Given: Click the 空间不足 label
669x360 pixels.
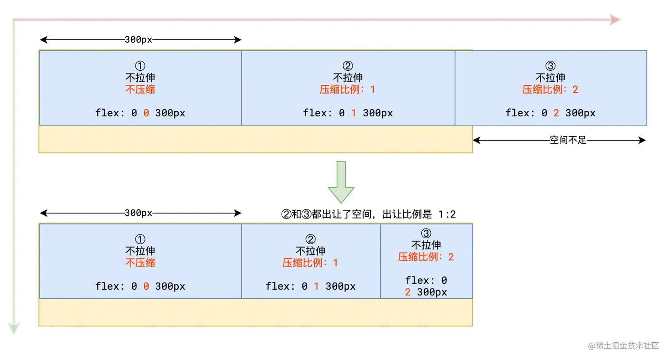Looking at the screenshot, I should [x=568, y=140].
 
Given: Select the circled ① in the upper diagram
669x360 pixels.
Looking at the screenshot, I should [x=140, y=66].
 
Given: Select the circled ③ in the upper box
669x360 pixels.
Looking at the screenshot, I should [x=550, y=66].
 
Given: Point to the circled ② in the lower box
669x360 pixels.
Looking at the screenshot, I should [x=311, y=239].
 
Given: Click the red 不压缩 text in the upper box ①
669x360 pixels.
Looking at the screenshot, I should [x=140, y=89].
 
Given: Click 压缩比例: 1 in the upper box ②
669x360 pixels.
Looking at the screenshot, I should [x=348, y=89].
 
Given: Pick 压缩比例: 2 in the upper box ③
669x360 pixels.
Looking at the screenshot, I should [x=550, y=89].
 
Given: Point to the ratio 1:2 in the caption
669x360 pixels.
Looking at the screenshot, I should [x=447, y=214].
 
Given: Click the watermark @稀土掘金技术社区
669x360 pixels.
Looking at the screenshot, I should [x=623, y=345].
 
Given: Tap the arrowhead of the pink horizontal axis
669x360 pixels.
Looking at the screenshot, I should [x=615, y=19].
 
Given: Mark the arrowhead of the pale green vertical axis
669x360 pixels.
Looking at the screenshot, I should [x=14, y=328].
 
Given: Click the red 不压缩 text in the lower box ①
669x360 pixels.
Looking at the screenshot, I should [x=140, y=263].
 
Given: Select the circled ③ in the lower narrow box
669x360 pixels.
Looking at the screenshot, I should [x=426, y=233].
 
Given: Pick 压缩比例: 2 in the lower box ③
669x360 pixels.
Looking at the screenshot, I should [x=426, y=257].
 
